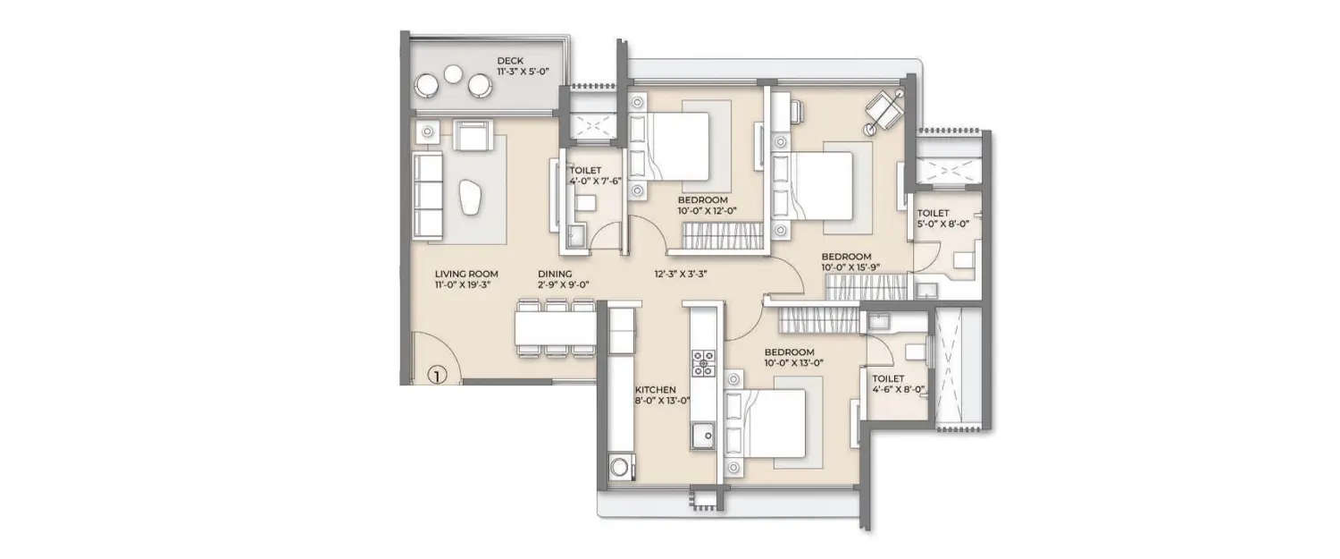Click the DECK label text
(x=511, y=61)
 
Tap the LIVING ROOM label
(x=466, y=275)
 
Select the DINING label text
(x=555, y=275)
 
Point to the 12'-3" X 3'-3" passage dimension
(x=681, y=275)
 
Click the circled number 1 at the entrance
(x=436, y=376)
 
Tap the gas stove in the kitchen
(x=703, y=360)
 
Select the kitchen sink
(x=703, y=436)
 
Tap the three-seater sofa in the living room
(x=429, y=195)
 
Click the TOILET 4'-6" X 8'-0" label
(x=899, y=385)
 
